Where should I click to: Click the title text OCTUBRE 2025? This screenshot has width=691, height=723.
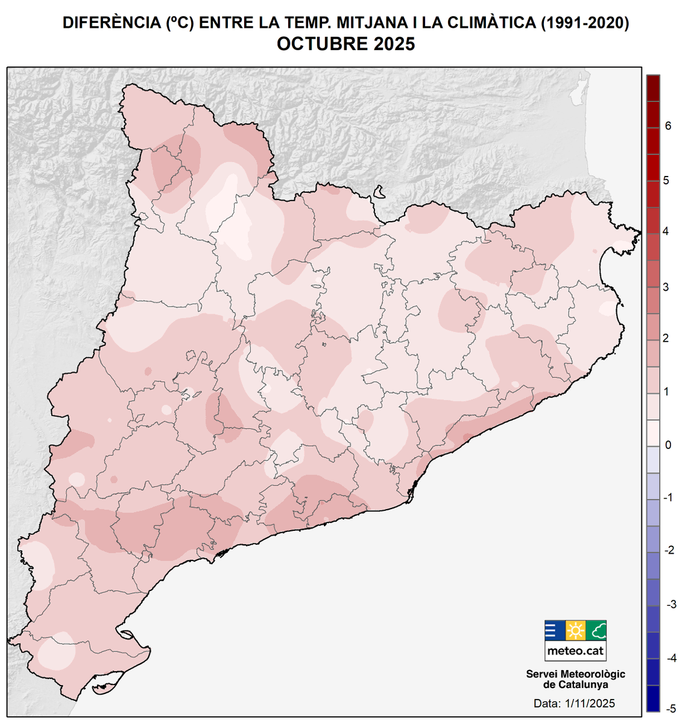(345, 44)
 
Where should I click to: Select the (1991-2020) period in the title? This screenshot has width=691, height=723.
(584, 23)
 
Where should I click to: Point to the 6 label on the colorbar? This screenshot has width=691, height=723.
(667, 126)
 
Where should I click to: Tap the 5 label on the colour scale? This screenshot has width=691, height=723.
(666, 180)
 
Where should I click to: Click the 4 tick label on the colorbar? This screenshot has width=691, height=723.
(666, 232)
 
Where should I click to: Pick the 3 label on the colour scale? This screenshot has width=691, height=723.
(666, 287)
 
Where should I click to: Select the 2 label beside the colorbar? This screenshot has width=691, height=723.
(666, 339)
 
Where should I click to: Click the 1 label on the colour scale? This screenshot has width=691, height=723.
(666, 392)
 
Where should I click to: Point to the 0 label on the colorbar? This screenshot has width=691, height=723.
(667, 445)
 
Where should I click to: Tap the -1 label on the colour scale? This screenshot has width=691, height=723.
(667, 498)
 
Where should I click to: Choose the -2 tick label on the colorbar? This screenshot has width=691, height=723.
(668, 551)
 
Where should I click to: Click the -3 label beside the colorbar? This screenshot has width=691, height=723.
(669, 604)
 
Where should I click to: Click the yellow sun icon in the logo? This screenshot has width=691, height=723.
(575, 631)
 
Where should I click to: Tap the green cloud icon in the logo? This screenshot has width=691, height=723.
(596, 631)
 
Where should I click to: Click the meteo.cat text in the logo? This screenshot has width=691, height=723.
(575, 651)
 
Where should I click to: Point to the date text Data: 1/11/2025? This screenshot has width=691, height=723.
(574, 703)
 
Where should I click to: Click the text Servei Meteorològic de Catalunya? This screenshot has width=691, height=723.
(575, 679)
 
